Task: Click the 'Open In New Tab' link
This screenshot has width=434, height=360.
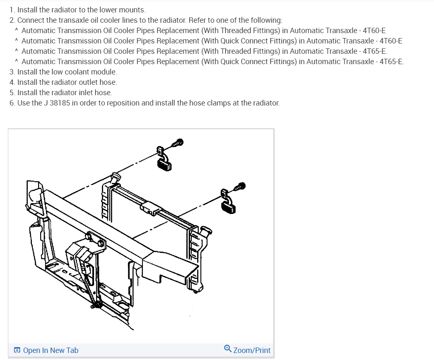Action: pyautogui.click(x=51, y=350)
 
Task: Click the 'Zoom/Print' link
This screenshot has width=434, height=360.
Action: pyautogui.click(x=252, y=350)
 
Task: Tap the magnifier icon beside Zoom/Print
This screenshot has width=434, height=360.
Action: pyautogui.click(x=228, y=349)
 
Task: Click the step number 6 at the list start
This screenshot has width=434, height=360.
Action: pyautogui.click(x=12, y=103)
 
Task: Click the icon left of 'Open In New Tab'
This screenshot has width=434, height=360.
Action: pyautogui.click(x=17, y=350)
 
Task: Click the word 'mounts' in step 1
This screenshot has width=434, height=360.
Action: pyautogui.click(x=133, y=10)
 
